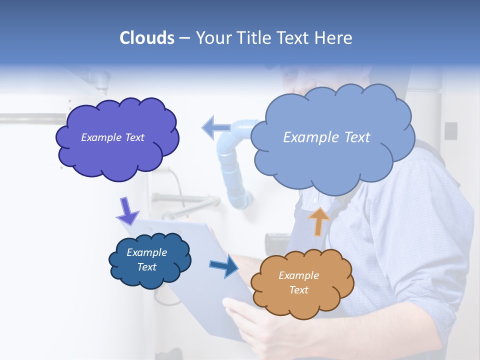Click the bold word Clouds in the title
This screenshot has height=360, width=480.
pyautogui.click(x=147, y=38)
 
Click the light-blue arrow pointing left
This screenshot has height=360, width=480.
pyautogui.click(x=216, y=128)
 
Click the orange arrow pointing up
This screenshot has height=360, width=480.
pyautogui.click(x=318, y=221)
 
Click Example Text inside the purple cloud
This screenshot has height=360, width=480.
pyautogui.click(x=112, y=137)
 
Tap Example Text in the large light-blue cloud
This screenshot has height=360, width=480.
pyautogui.click(x=326, y=137)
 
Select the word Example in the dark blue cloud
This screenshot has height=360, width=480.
pyautogui.click(x=146, y=252)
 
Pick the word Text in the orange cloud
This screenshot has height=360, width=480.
pyautogui.click(x=298, y=290)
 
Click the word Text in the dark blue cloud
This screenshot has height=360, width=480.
pyautogui.click(x=146, y=267)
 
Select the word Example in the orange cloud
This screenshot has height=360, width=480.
pyautogui.click(x=298, y=275)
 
